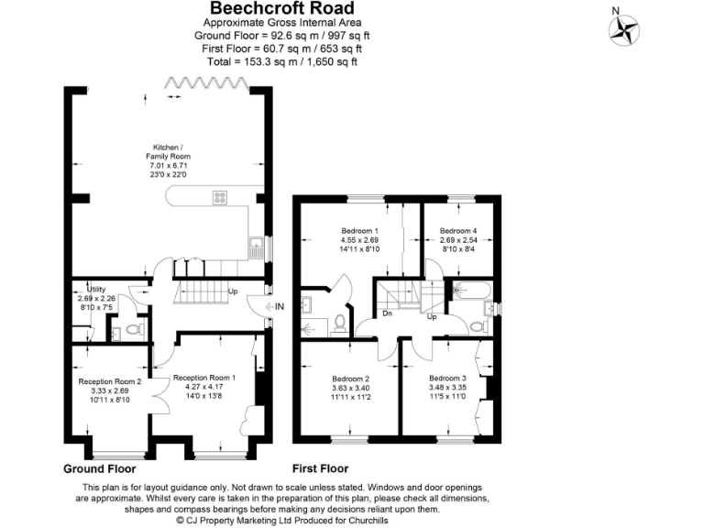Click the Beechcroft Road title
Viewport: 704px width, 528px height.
pyautogui.click(x=281, y=8)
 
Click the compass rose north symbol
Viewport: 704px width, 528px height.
pyautogui.click(x=625, y=29)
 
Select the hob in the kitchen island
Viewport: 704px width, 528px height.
pyautogui.click(x=221, y=195)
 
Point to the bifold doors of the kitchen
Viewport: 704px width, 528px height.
pyautogui.click(x=206, y=84)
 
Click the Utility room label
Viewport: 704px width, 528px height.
pyautogui.click(x=96, y=288)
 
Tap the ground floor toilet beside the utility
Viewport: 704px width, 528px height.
pyautogui.click(x=134, y=328)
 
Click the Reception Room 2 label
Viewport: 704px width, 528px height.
pyautogui.click(x=110, y=381)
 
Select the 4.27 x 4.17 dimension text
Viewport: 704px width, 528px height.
pyautogui.click(x=204, y=387)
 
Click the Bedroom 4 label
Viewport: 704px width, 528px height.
pyautogui.click(x=458, y=230)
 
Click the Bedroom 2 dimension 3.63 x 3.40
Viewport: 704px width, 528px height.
pyautogui.click(x=349, y=389)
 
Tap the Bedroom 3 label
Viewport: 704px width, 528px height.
pyautogui.click(x=446, y=379)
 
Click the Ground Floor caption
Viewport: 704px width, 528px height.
pyautogui.click(x=106, y=468)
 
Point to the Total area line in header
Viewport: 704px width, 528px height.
pyautogui.click(x=282, y=60)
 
